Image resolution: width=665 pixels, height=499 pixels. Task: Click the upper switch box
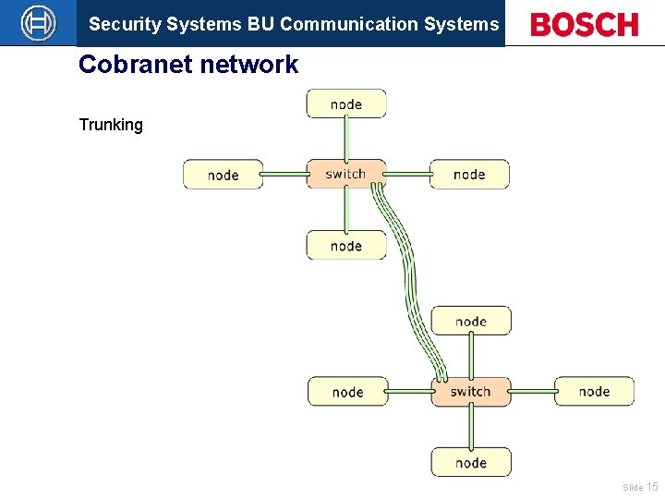pyautogui.click(x=346, y=174)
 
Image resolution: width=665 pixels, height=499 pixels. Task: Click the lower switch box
pyautogui.click(x=470, y=392)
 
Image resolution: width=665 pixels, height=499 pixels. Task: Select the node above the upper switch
pyautogui.click(x=346, y=103)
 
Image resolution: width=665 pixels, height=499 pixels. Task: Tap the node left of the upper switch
pyautogui.click(x=223, y=175)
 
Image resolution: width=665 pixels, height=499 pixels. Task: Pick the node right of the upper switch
pyautogui.click(x=469, y=174)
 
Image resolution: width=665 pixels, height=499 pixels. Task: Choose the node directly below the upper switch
pyautogui.click(x=346, y=245)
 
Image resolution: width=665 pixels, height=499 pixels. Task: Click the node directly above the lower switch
pyautogui.click(x=470, y=321)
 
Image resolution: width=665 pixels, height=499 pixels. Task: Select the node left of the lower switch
pyautogui.click(x=347, y=392)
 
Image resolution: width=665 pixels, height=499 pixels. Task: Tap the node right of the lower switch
pyautogui.click(x=594, y=391)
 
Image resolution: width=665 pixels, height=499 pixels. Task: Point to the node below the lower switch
pyautogui.click(x=470, y=462)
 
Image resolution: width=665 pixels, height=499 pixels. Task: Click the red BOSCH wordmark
pyautogui.click(x=585, y=25)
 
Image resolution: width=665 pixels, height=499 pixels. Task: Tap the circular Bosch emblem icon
pyautogui.click(x=38, y=23)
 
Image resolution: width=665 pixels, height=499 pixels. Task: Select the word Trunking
pyautogui.click(x=111, y=125)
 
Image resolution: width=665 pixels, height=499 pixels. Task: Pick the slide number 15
pyautogui.click(x=652, y=487)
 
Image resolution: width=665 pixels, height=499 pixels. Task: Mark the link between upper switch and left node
pyautogui.click(x=284, y=174)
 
